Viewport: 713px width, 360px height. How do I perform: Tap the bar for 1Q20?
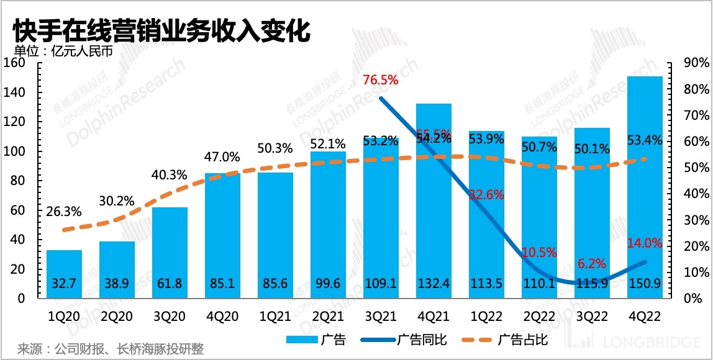click(64, 273)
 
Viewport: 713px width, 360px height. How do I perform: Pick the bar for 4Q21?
click(434, 199)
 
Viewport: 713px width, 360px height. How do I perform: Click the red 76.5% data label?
click(380, 79)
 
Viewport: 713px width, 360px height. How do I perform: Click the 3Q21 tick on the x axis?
click(381, 316)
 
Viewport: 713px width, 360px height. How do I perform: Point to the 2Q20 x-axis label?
click(117, 316)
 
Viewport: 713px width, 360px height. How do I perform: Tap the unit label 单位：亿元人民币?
click(64, 52)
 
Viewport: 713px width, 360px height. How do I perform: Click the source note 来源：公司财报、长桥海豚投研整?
click(111, 349)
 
